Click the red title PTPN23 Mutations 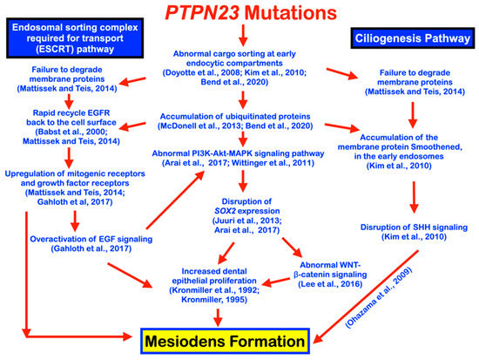pyautogui.click(x=239, y=14)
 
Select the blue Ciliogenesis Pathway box pyautogui.click(x=408, y=38)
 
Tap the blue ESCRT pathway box pyautogui.click(x=72, y=39)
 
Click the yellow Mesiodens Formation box pyautogui.click(x=240, y=334)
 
